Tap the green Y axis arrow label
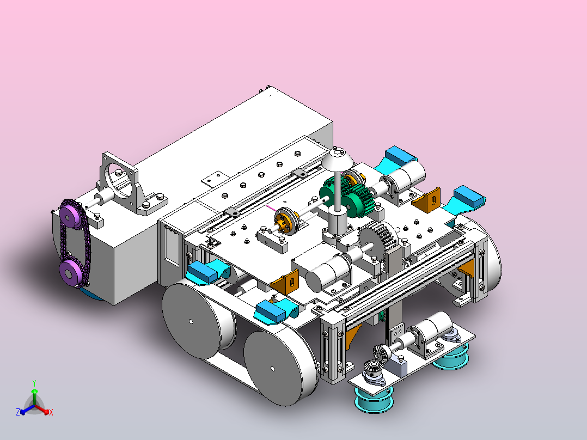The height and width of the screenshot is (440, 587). tap(34, 383)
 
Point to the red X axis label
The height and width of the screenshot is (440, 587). tap(51, 412)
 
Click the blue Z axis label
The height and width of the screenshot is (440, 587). tap(18, 412)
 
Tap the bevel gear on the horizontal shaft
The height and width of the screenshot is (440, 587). tap(381, 353)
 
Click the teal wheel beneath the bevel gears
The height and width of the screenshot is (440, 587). tap(374, 400)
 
